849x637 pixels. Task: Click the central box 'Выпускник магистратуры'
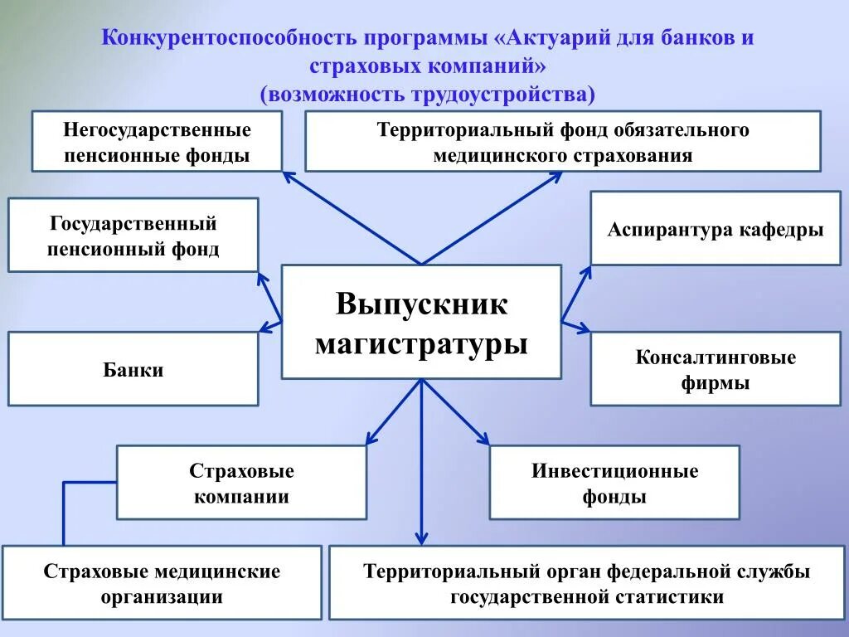click(421, 322)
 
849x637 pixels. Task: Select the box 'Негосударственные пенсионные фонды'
click(157, 142)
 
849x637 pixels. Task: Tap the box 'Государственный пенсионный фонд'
click(133, 235)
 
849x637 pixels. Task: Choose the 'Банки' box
click(133, 369)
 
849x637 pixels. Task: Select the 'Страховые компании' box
click(241, 483)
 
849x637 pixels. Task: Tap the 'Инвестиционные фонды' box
click(614, 483)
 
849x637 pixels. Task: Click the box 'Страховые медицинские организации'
click(162, 583)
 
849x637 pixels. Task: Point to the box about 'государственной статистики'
click(586, 583)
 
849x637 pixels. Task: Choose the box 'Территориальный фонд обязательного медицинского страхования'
click(562, 142)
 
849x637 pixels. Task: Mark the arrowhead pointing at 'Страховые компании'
click(371, 439)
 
